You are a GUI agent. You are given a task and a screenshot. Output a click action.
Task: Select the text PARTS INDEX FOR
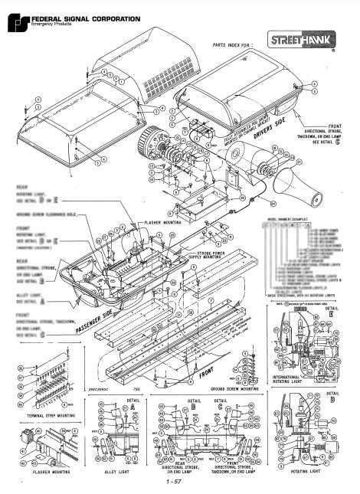pyautogui.click(x=233, y=44)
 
